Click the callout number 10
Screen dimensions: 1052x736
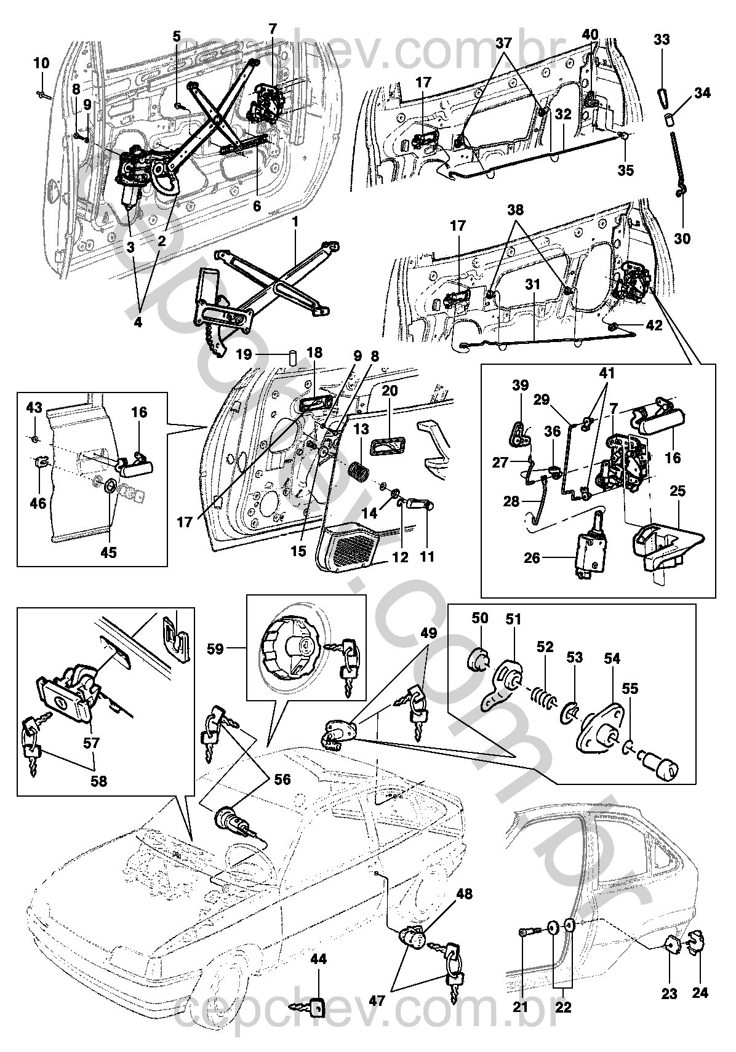click(41, 63)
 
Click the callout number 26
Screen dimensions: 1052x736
click(532, 558)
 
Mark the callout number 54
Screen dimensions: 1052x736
click(612, 658)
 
